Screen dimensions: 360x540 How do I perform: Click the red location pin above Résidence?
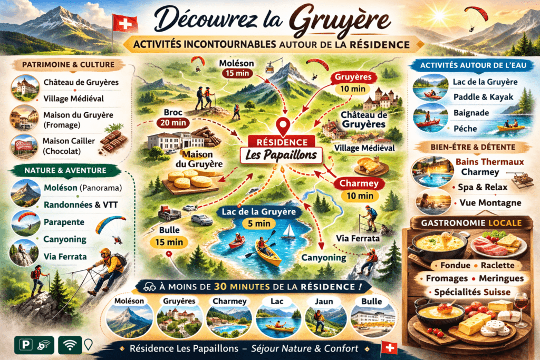click(x=285, y=127)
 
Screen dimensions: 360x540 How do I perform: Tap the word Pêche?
click(x=463, y=128)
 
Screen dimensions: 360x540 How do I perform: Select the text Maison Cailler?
click(x=69, y=141)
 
